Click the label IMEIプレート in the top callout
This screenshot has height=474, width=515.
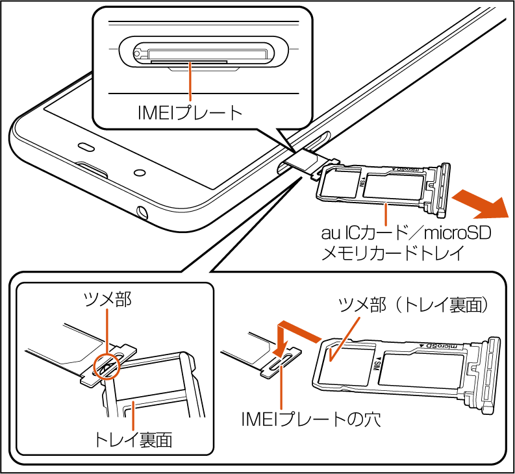click(x=190, y=112)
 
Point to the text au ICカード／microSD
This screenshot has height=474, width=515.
click(x=407, y=232)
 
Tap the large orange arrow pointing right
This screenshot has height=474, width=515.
click(x=480, y=204)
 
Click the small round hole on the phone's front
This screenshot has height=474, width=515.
click(x=140, y=173)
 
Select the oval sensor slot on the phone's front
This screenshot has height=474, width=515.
click(x=86, y=144)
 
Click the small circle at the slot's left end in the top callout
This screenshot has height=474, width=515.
click(x=138, y=50)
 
